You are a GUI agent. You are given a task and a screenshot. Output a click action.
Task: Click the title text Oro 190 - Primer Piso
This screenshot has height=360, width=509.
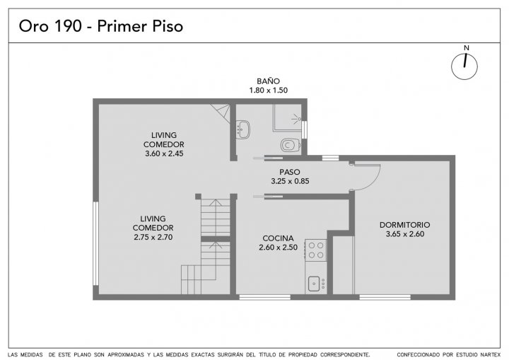point(101,26)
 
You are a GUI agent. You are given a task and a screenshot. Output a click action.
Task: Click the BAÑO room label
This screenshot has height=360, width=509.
point(268,81)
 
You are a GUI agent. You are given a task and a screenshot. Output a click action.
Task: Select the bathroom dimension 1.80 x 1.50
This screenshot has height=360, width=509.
point(269,91)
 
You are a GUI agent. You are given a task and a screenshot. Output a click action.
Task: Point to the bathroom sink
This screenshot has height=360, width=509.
point(242,129)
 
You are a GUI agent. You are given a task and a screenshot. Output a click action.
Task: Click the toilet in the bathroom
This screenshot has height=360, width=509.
point(291,145)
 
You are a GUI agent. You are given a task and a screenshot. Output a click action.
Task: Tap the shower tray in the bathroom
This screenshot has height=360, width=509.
point(287,117)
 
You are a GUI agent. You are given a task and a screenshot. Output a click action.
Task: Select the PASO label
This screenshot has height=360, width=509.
point(290,172)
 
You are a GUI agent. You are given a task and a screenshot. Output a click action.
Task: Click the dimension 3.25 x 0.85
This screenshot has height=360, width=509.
point(290,181)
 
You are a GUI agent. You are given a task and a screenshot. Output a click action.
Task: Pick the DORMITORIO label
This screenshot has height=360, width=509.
point(405,225)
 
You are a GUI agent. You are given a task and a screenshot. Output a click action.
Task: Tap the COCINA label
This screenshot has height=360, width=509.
point(279,238)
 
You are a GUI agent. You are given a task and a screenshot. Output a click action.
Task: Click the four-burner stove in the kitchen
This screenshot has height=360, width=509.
point(316,250)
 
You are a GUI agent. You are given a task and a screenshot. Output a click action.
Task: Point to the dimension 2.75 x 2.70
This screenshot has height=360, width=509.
point(153,237)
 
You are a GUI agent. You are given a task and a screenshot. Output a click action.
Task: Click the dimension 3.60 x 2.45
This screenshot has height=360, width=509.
point(164,153)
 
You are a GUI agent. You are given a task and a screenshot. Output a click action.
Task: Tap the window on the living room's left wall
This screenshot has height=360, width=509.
point(95,244)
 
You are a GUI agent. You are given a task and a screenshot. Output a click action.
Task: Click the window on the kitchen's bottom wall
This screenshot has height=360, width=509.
point(265,297)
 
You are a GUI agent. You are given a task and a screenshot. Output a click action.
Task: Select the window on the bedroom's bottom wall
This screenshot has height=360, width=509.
point(385,297)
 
